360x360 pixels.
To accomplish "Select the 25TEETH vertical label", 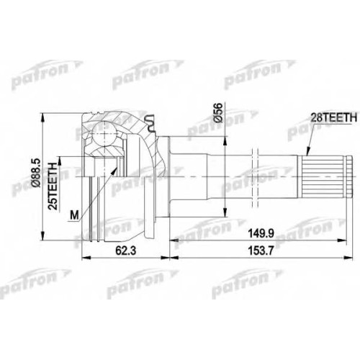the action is point(53,186).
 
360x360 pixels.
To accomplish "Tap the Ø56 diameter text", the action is point(218,112).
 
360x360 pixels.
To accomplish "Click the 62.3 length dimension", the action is point(125,251).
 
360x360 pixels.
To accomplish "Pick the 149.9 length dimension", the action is point(261,233).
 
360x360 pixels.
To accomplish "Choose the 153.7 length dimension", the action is point(261,251).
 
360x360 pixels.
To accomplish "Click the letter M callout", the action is point(74,215).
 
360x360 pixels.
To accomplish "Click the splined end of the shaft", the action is point(327,177).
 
